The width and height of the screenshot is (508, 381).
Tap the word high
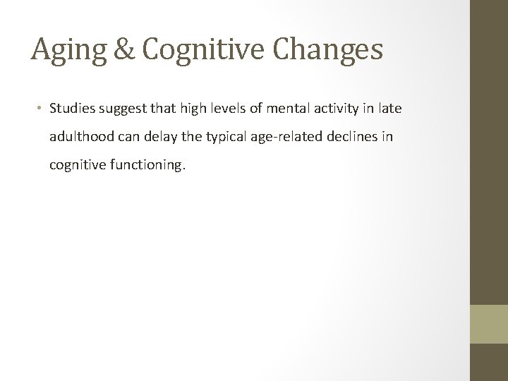click(x=198, y=109)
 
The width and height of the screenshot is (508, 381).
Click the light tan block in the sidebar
click(x=489, y=324)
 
